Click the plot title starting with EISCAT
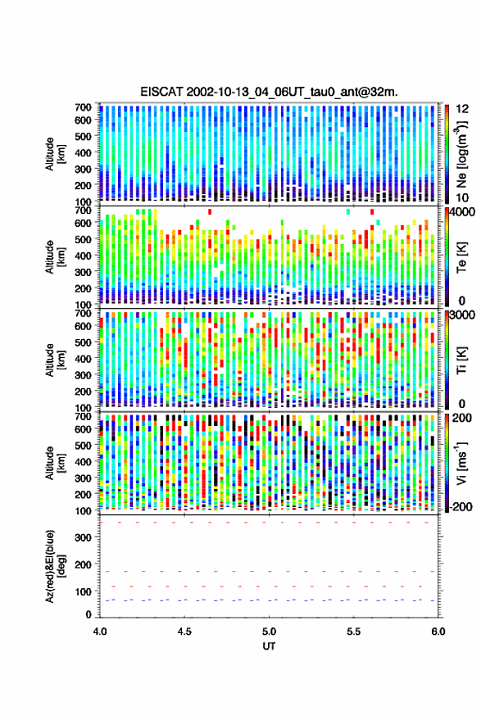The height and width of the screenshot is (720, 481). [x=269, y=92]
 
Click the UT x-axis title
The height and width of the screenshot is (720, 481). [x=269, y=646]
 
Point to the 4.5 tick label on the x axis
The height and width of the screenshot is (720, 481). [x=184, y=632]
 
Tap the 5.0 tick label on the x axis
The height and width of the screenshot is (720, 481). [x=270, y=632]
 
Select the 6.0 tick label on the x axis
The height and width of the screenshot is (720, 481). [x=438, y=632]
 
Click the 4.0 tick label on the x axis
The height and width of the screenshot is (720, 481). [x=100, y=632]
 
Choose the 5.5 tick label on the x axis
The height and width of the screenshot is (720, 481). [x=354, y=632]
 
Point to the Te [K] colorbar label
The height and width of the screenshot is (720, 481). [x=461, y=257]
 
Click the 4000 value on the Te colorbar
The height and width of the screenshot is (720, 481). [x=462, y=213]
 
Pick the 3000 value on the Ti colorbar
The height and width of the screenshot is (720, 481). [x=462, y=315]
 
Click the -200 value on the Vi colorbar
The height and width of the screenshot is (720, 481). [x=460, y=506]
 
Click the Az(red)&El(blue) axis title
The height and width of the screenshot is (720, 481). [x=53, y=566]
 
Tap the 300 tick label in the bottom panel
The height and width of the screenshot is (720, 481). [x=84, y=537]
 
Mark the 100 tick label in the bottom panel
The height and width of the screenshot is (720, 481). [x=84, y=591]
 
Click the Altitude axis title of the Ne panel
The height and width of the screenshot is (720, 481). [x=54, y=154]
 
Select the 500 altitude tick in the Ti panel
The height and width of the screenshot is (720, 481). [x=84, y=342]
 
